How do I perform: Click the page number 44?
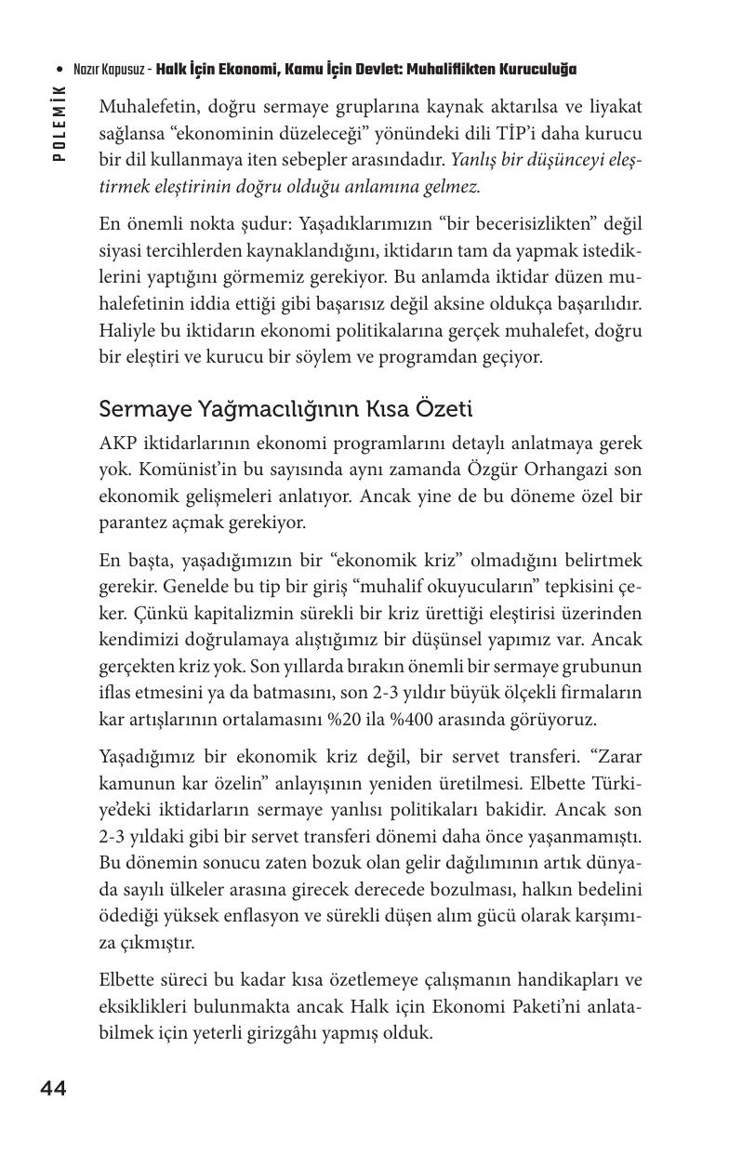[53, 1089]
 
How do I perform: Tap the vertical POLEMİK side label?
[59, 122]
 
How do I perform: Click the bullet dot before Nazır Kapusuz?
[60, 71]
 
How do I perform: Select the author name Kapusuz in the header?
[122, 71]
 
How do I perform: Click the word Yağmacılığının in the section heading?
[251, 409]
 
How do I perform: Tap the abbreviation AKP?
[117, 444]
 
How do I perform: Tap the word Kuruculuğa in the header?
[538, 71]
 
